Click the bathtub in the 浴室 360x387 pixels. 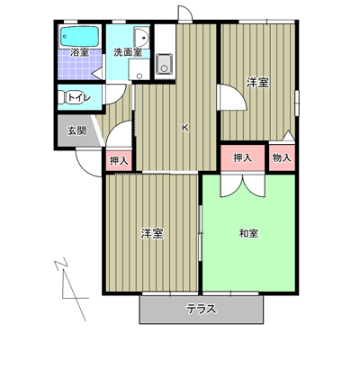click(x=80, y=37)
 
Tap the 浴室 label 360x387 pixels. click(x=79, y=53)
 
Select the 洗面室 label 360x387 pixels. click(x=128, y=52)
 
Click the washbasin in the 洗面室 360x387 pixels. click(x=141, y=38)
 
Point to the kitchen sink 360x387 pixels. click(x=164, y=64)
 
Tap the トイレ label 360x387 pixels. click(x=79, y=98)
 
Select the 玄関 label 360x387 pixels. click(x=76, y=130)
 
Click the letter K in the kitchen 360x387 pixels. click(x=185, y=128)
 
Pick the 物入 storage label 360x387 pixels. click(x=282, y=157)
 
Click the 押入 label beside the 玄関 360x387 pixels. click(x=119, y=161)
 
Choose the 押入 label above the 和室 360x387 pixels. click(x=243, y=157)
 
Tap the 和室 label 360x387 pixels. click(x=248, y=233)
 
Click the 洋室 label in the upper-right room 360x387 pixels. click(x=257, y=83)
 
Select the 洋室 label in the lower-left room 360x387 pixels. click(x=152, y=233)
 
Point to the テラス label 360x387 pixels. click(x=202, y=309)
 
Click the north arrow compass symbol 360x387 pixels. click(x=73, y=289)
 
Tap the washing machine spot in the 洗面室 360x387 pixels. click(x=139, y=69)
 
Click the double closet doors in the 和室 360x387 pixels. click(x=243, y=185)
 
